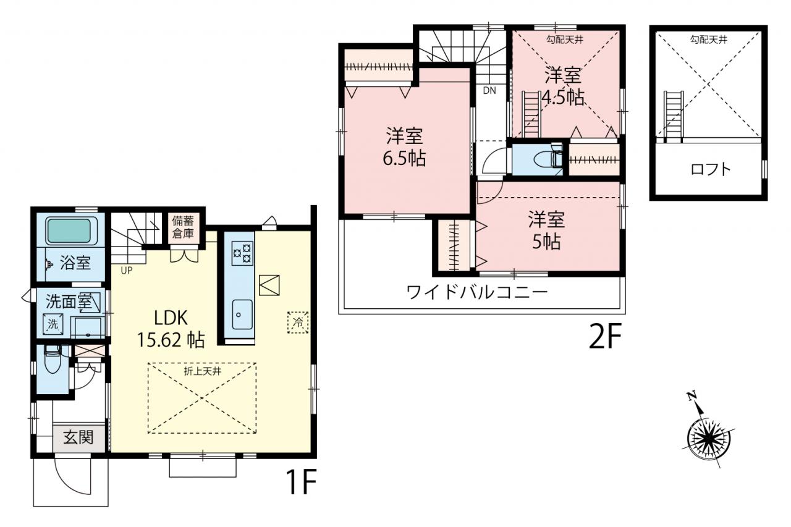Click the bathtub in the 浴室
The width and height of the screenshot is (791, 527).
69,231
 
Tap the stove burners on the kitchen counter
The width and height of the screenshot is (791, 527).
242,253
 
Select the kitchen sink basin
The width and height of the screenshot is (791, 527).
242,314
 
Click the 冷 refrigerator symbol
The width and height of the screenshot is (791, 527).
298,323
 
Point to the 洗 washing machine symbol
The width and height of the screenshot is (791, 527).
53,324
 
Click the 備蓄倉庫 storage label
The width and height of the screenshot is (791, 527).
183,227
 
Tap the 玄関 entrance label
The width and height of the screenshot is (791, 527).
78,437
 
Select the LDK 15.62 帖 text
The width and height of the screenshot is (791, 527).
171,329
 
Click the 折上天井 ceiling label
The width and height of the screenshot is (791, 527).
202,371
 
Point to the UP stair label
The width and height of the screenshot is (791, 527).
127,271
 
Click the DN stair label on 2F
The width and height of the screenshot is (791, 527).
489,91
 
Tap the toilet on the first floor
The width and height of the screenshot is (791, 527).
53,359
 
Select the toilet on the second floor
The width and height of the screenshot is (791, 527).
548,158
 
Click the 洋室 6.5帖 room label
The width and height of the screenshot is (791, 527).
405,147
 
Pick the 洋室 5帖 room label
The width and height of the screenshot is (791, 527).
546,230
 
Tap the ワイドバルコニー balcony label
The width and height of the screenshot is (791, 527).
477,292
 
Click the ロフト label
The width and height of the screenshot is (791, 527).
711,170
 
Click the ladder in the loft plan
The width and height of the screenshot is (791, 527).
674,117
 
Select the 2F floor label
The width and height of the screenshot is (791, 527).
605,337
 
